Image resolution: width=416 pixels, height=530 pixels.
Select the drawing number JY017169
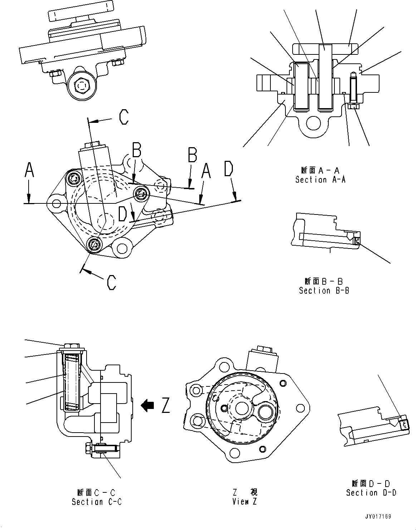(378, 517)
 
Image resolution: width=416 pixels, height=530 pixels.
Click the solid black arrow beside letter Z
(147, 405)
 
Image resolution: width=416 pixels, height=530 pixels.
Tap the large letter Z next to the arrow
(165, 405)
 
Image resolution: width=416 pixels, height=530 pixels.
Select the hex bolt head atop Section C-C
(73, 347)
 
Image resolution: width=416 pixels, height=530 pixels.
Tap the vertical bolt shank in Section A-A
(353, 89)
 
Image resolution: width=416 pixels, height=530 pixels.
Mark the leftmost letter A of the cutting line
(29, 170)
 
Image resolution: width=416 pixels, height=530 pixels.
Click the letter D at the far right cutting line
(229, 169)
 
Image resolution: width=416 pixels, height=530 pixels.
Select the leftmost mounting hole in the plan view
(56, 203)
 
